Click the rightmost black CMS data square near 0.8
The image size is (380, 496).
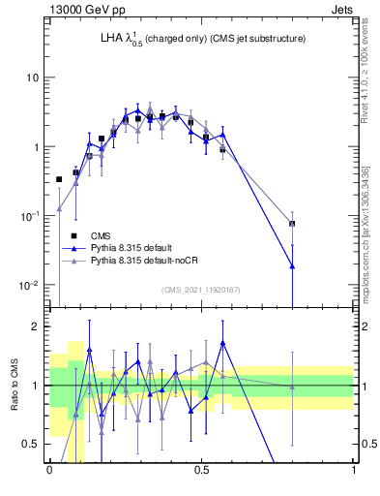(x=292, y=224)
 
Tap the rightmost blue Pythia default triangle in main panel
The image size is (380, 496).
(x=292, y=265)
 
